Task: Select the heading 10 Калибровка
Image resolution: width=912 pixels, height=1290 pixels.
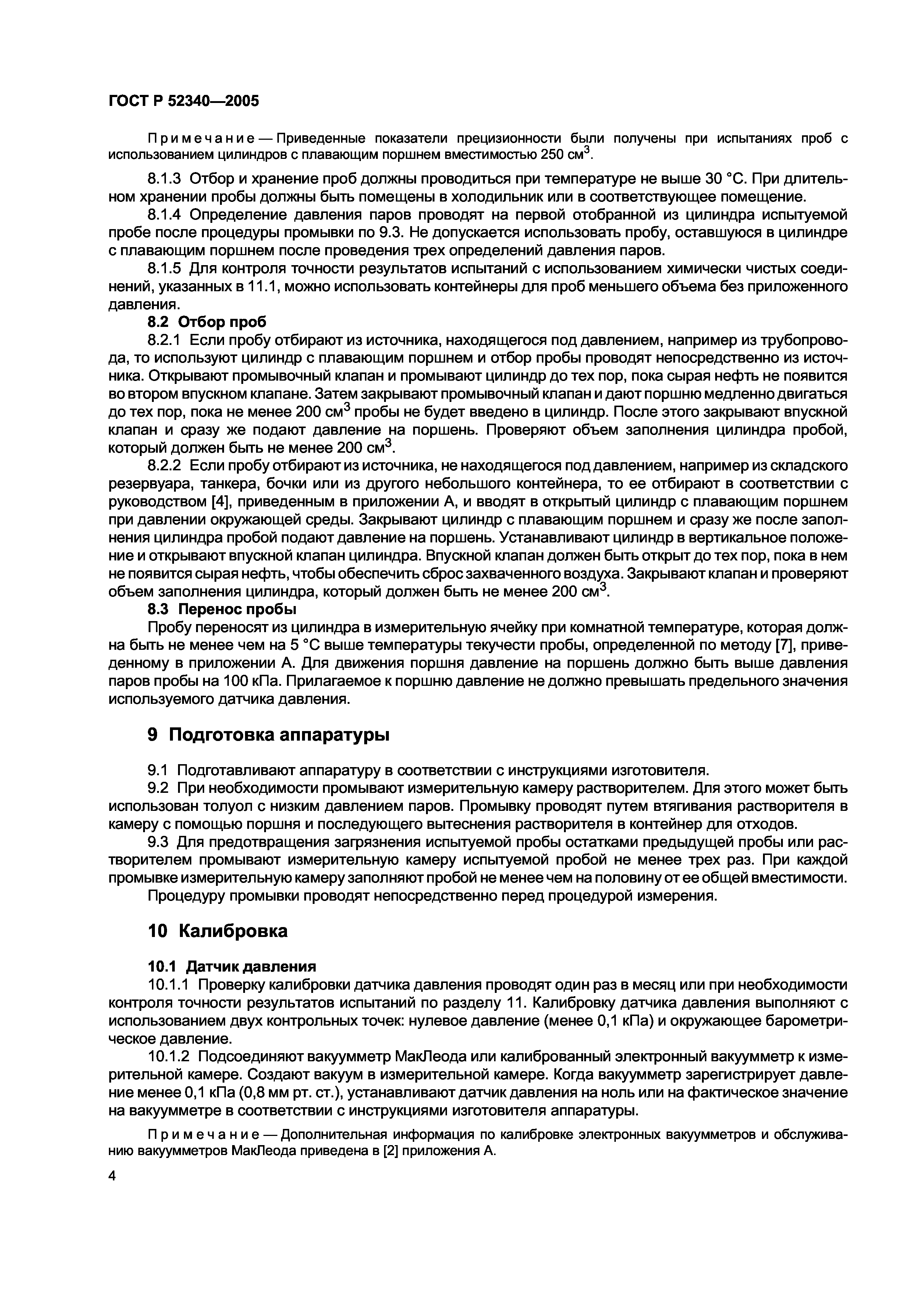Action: (x=217, y=931)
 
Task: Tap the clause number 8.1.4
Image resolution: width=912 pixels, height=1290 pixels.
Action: (x=164, y=215)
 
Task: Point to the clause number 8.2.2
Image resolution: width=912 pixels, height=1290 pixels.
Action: (x=164, y=466)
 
